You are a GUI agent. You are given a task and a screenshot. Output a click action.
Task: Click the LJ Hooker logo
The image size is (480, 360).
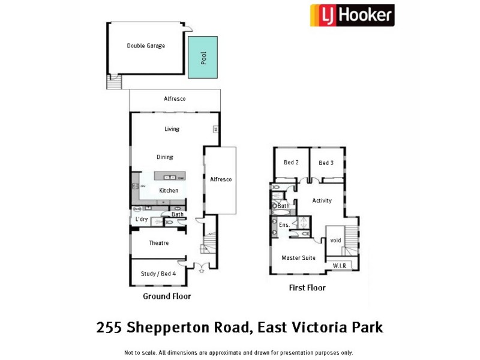pyautogui.click(x=352, y=15)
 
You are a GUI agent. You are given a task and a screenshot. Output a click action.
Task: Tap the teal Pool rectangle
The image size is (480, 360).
pyautogui.click(x=203, y=57)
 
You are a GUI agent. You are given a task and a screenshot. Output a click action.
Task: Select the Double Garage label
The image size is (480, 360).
pyautogui.click(x=146, y=46)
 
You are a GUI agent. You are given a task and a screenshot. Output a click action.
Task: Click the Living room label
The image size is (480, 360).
pyautogui.click(x=172, y=129)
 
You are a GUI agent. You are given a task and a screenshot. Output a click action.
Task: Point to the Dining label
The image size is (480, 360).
pyautogui.click(x=165, y=157)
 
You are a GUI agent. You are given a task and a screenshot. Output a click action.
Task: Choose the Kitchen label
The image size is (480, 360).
pyautogui.click(x=169, y=191)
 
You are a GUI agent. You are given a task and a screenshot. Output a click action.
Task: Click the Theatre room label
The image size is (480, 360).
pyautogui.click(x=158, y=243)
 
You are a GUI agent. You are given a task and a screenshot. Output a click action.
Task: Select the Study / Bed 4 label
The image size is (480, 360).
pyautogui.click(x=158, y=274)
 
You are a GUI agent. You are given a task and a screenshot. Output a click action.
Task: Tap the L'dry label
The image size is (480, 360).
pyautogui.click(x=142, y=220)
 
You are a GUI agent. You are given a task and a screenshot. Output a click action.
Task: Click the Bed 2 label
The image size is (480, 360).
pyautogui.click(x=291, y=163)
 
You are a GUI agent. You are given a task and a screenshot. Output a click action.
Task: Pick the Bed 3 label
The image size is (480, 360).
pyautogui.click(x=326, y=163)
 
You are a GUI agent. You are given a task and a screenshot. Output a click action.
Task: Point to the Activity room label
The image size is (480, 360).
pyautogui.click(x=322, y=200)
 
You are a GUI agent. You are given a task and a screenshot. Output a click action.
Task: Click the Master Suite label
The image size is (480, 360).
pyautogui.click(x=299, y=258)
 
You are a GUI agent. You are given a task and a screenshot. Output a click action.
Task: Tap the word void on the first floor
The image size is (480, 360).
pyautogui.click(x=335, y=240)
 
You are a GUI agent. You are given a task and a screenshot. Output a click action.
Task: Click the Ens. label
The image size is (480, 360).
pyautogui.click(x=284, y=225)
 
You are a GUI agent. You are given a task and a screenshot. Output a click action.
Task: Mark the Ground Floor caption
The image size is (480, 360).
pyautogui.click(x=167, y=296)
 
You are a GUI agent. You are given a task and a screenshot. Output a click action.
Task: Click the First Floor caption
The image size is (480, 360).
pyautogui.click(x=307, y=288)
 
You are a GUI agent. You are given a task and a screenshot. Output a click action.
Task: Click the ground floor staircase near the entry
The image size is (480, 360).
pyautogui.click(x=209, y=244)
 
